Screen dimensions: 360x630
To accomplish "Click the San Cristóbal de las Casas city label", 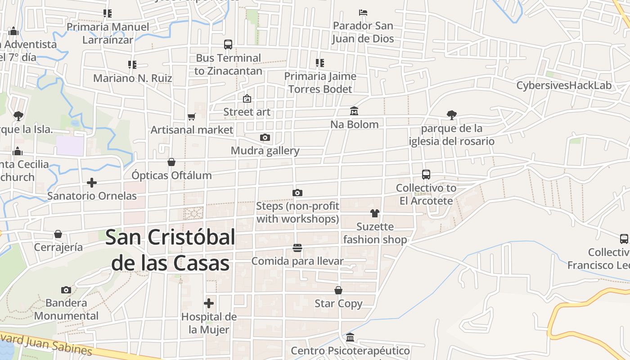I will [170, 250].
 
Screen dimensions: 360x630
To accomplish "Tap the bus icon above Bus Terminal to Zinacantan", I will [228, 45].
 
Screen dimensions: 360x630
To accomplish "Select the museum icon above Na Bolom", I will [354, 111].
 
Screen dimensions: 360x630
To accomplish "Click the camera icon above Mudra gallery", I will [265, 137].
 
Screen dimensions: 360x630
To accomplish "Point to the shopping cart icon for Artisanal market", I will [192, 117].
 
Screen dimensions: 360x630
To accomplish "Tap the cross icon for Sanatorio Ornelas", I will [92, 183].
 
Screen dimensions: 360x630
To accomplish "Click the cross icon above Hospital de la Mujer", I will [209, 303].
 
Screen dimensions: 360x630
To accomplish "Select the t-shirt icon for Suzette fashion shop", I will [375, 213].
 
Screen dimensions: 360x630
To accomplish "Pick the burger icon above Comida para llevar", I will [297, 248].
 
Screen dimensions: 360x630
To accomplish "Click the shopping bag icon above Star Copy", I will [338, 291].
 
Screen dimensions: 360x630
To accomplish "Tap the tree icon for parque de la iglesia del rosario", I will [451, 115].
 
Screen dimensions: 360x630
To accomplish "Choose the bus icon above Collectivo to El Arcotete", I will [426, 175].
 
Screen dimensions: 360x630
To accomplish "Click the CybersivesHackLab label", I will [564, 85].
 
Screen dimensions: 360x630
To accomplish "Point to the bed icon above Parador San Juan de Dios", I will [363, 13].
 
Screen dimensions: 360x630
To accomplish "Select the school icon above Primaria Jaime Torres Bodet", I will [320, 63].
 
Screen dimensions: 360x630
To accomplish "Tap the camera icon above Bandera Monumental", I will [66, 290].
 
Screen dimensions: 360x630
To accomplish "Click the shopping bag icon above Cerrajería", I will [58, 234].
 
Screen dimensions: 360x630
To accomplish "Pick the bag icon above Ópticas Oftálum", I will [171, 162].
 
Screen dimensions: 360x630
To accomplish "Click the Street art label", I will [247, 112].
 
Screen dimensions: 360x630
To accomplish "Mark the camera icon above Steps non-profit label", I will [297, 193].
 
